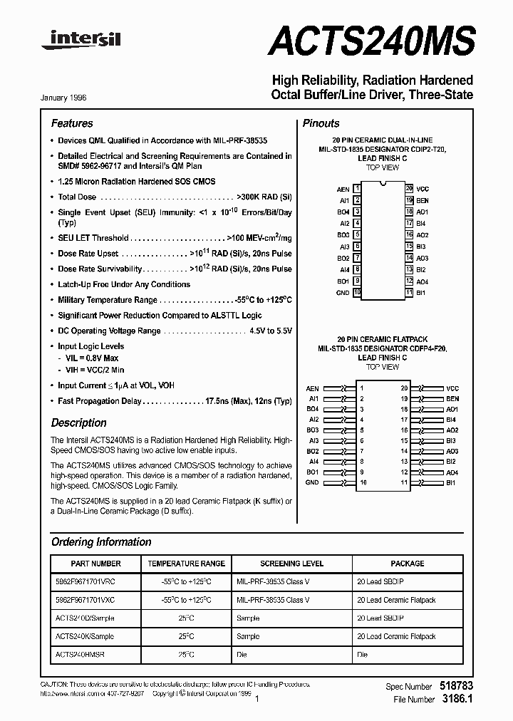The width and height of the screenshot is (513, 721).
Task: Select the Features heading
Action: [x=72, y=123]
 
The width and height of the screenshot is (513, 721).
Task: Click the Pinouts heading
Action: [x=321, y=123]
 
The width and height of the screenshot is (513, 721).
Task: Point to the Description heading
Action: [x=78, y=422]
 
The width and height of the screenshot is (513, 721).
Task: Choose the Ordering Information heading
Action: [x=101, y=542]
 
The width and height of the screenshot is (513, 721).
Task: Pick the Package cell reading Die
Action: [x=363, y=654]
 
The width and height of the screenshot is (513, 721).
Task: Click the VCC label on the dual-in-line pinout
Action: [x=423, y=189]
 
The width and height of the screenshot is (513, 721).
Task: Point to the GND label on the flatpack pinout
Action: [x=312, y=482]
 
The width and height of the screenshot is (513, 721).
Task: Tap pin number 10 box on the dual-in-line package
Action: [x=357, y=293]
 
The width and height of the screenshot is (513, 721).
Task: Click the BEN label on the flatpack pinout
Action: [x=452, y=399]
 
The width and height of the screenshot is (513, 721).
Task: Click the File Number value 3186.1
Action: [x=457, y=700]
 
